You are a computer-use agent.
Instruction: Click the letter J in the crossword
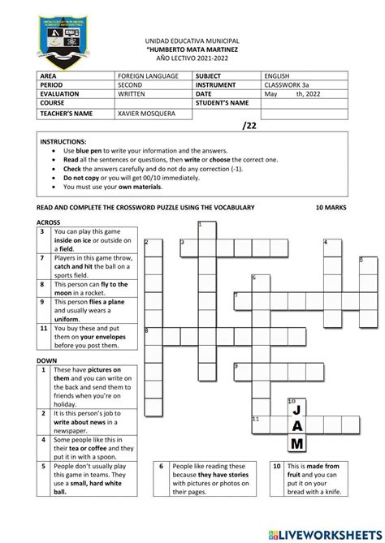[x=297, y=410]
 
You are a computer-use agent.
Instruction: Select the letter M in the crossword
[x=297, y=443]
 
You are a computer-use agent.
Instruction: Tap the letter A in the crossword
[x=297, y=427]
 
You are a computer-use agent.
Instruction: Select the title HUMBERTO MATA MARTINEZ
[x=192, y=49]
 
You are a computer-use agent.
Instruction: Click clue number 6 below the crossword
[x=162, y=467]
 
